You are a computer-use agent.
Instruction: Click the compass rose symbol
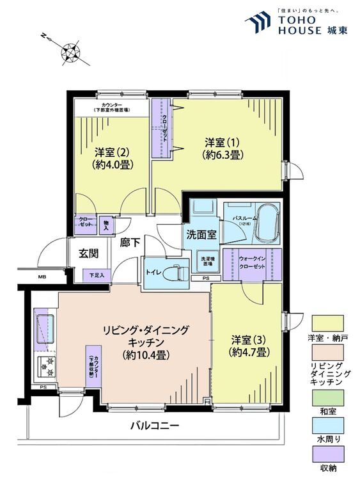pyautogui.click(x=70, y=52)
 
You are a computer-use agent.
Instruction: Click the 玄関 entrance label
pyautogui.click(x=88, y=253)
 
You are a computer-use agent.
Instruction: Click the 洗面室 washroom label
pyautogui.click(x=200, y=234)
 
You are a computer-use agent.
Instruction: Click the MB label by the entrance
pyautogui.click(x=42, y=276)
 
